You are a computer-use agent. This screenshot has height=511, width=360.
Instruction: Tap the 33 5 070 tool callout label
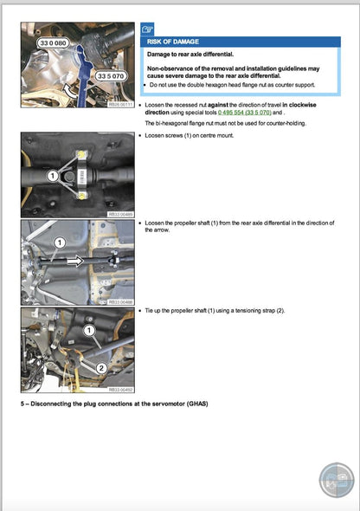tap(112, 76)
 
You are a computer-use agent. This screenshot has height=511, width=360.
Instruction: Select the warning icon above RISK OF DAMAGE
tap(148, 27)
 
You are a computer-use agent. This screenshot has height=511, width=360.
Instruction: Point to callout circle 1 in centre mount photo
tap(52, 175)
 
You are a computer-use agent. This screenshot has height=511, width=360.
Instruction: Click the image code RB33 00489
tap(120, 215)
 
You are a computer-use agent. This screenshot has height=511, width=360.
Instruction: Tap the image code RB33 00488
tap(120, 302)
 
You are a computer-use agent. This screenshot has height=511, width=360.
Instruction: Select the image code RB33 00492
tap(120, 390)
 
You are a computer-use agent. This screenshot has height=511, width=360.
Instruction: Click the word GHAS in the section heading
tap(194, 404)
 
